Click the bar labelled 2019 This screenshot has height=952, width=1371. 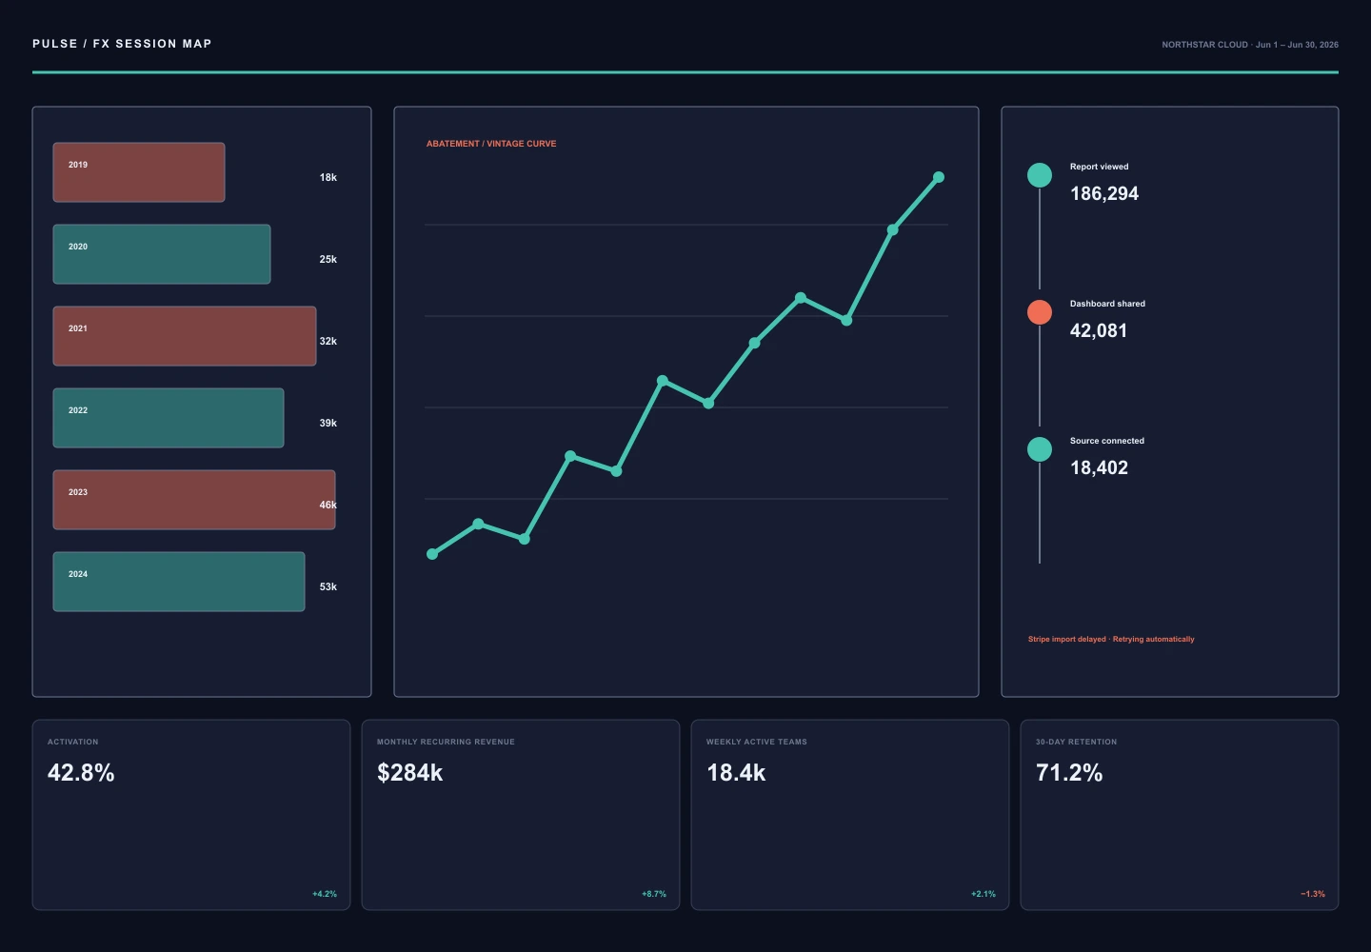pos(139,172)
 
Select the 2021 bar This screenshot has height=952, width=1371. pos(185,336)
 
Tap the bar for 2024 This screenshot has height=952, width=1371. pos(179,582)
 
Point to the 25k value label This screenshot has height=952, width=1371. pos(328,259)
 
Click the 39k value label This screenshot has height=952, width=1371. pos(328,423)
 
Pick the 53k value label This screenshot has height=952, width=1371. pos(328,586)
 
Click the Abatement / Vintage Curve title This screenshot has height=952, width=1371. pos(491,144)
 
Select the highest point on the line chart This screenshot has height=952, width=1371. pos(939,177)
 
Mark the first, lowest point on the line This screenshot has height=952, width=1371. pos(432,554)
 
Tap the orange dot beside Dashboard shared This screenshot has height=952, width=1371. pos(1040,312)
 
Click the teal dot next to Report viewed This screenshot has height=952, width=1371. pos(1040,175)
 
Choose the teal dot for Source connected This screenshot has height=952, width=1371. pos(1040,449)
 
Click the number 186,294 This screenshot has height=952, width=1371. pos(1104,194)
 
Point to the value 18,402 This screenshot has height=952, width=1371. pos(1099,468)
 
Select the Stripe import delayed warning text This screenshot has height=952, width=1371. pos(1111,640)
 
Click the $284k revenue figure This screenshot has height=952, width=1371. pos(409,773)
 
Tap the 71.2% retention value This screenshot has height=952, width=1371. pos(1068,773)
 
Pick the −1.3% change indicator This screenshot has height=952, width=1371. pos(1313,894)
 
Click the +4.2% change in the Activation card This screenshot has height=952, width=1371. pos(325,894)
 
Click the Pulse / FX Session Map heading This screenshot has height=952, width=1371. pos(122,44)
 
